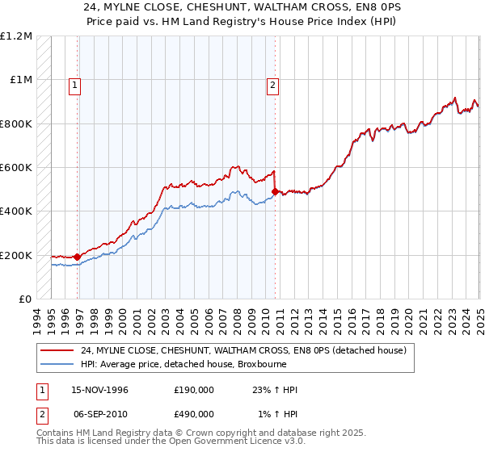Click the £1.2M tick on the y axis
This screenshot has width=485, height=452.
[x=16, y=36]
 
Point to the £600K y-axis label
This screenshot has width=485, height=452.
[x=16, y=168]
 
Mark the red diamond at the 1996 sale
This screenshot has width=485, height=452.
[x=78, y=257]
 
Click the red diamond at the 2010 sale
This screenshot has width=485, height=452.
[x=275, y=191]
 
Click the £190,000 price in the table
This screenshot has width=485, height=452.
[x=194, y=390]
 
